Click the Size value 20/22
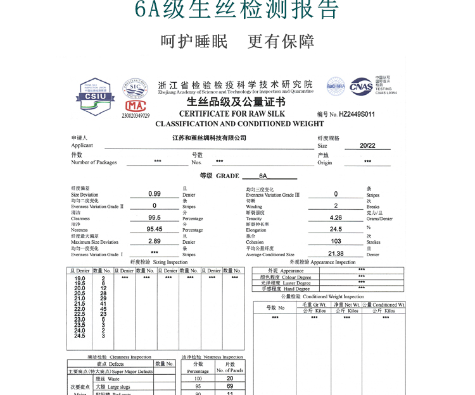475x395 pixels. (367, 145)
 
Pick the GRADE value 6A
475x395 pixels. (263, 176)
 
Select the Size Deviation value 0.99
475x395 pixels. (155, 194)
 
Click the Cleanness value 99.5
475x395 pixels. (155, 217)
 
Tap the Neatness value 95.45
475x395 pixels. (155, 229)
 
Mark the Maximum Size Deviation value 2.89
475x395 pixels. (155, 241)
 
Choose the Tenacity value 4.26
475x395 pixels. (336, 217)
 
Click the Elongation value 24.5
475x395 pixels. (336, 229)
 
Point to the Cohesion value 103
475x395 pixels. (336, 241)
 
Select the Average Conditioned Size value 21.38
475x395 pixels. (336, 253)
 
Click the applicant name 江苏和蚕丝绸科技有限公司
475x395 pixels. (209, 138)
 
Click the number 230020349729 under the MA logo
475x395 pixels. (136, 116)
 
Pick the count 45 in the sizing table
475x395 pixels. (103, 309)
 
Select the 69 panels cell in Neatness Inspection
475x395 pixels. (230, 386)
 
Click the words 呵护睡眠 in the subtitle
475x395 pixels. (194, 42)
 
